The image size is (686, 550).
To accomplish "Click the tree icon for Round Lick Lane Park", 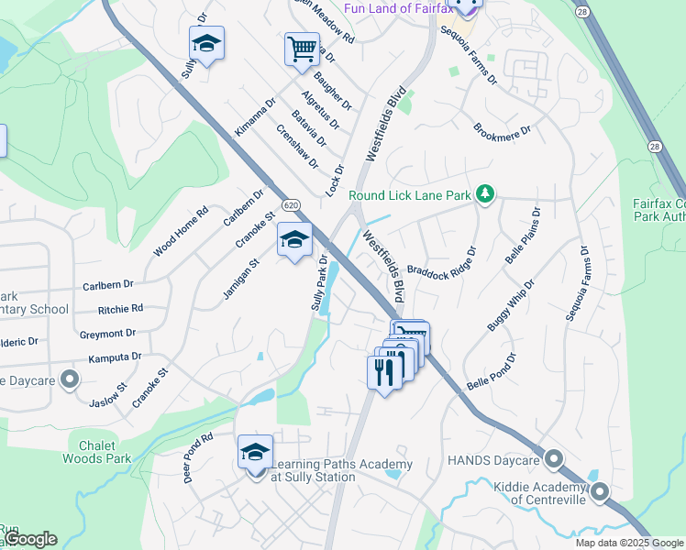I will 486,193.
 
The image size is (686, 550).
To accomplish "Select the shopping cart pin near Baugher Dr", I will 302,49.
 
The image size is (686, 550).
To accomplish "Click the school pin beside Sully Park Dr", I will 293,240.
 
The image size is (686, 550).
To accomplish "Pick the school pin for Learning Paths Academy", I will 255,452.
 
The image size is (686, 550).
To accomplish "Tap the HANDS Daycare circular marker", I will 553,457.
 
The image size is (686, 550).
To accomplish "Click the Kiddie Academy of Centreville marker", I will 600,492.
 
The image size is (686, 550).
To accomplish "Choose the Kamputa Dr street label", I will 111,356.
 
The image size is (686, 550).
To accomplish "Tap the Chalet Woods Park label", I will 98,452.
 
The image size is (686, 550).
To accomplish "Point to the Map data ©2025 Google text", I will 629,543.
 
